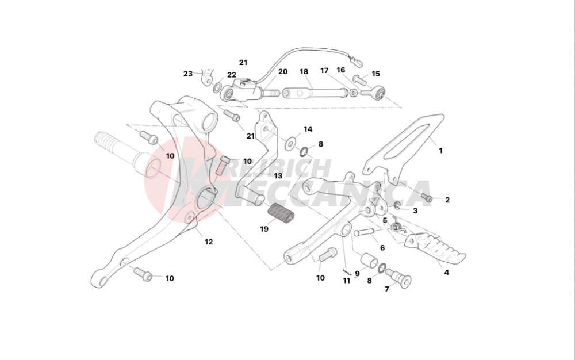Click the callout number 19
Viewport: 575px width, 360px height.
click(x=264, y=229)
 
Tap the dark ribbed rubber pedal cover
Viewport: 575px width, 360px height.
click(x=281, y=214)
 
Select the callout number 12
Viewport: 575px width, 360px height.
click(x=209, y=242)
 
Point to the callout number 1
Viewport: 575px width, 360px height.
click(x=441, y=151)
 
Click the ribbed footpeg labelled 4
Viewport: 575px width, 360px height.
click(x=435, y=248)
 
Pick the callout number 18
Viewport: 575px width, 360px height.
click(x=304, y=71)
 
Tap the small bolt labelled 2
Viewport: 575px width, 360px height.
click(x=427, y=198)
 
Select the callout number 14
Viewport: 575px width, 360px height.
click(x=308, y=129)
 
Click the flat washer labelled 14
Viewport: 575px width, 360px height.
click(x=292, y=143)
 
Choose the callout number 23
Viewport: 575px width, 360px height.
click(x=188, y=74)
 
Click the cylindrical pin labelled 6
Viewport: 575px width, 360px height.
click(x=364, y=232)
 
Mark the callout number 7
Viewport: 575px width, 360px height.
click(x=386, y=289)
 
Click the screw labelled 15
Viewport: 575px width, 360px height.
click(x=360, y=78)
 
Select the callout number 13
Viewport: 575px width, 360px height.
click(x=278, y=176)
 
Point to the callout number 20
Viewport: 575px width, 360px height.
click(x=283, y=72)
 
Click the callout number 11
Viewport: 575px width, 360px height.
click(x=347, y=281)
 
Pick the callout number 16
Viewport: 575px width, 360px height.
click(x=340, y=70)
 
